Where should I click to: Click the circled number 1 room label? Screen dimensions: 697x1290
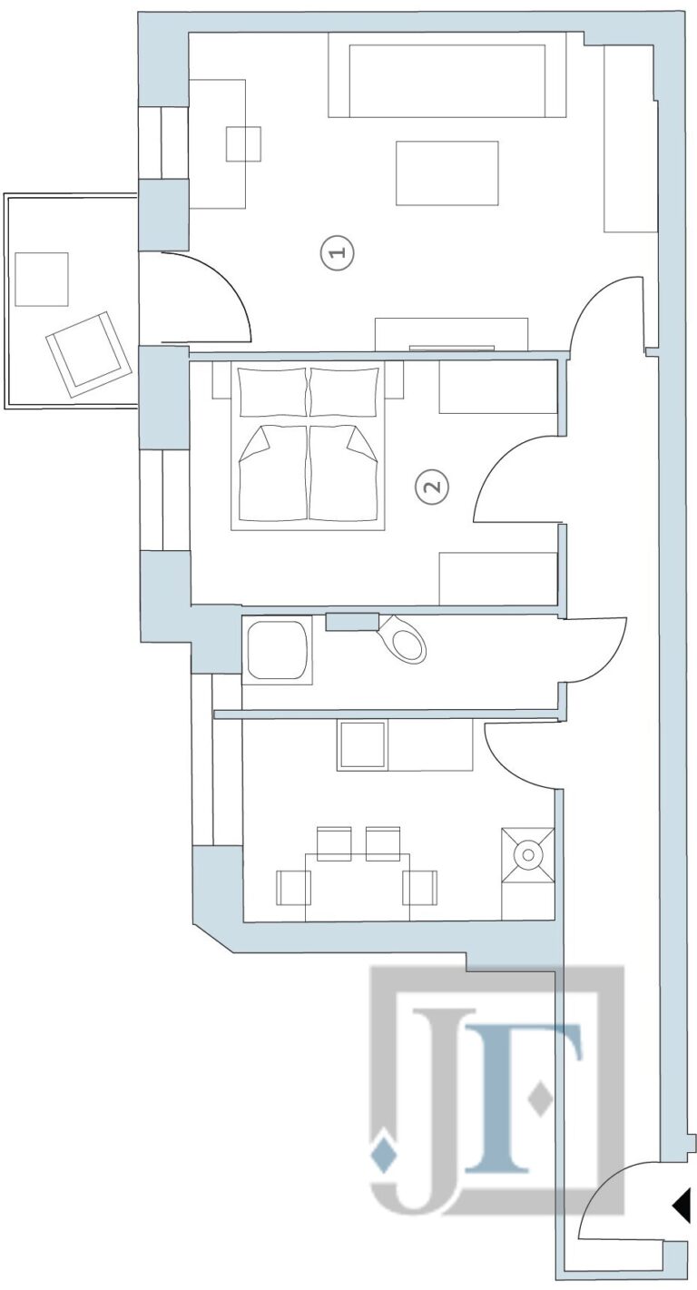pyautogui.click(x=338, y=252)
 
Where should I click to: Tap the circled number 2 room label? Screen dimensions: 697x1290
pyautogui.click(x=432, y=487)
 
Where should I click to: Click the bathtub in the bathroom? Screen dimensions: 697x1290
pyautogui.click(x=278, y=650)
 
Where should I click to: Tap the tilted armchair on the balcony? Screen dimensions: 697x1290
pyautogui.click(x=87, y=354)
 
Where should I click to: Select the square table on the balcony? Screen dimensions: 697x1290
pyautogui.click(x=42, y=280)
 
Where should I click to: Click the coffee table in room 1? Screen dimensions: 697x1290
pyautogui.click(x=447, y=172)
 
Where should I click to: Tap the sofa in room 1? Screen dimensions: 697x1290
pyautogui.click(x=447, y=74)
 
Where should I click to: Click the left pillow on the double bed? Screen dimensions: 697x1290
pyautogui.click(x=273, y=393)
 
